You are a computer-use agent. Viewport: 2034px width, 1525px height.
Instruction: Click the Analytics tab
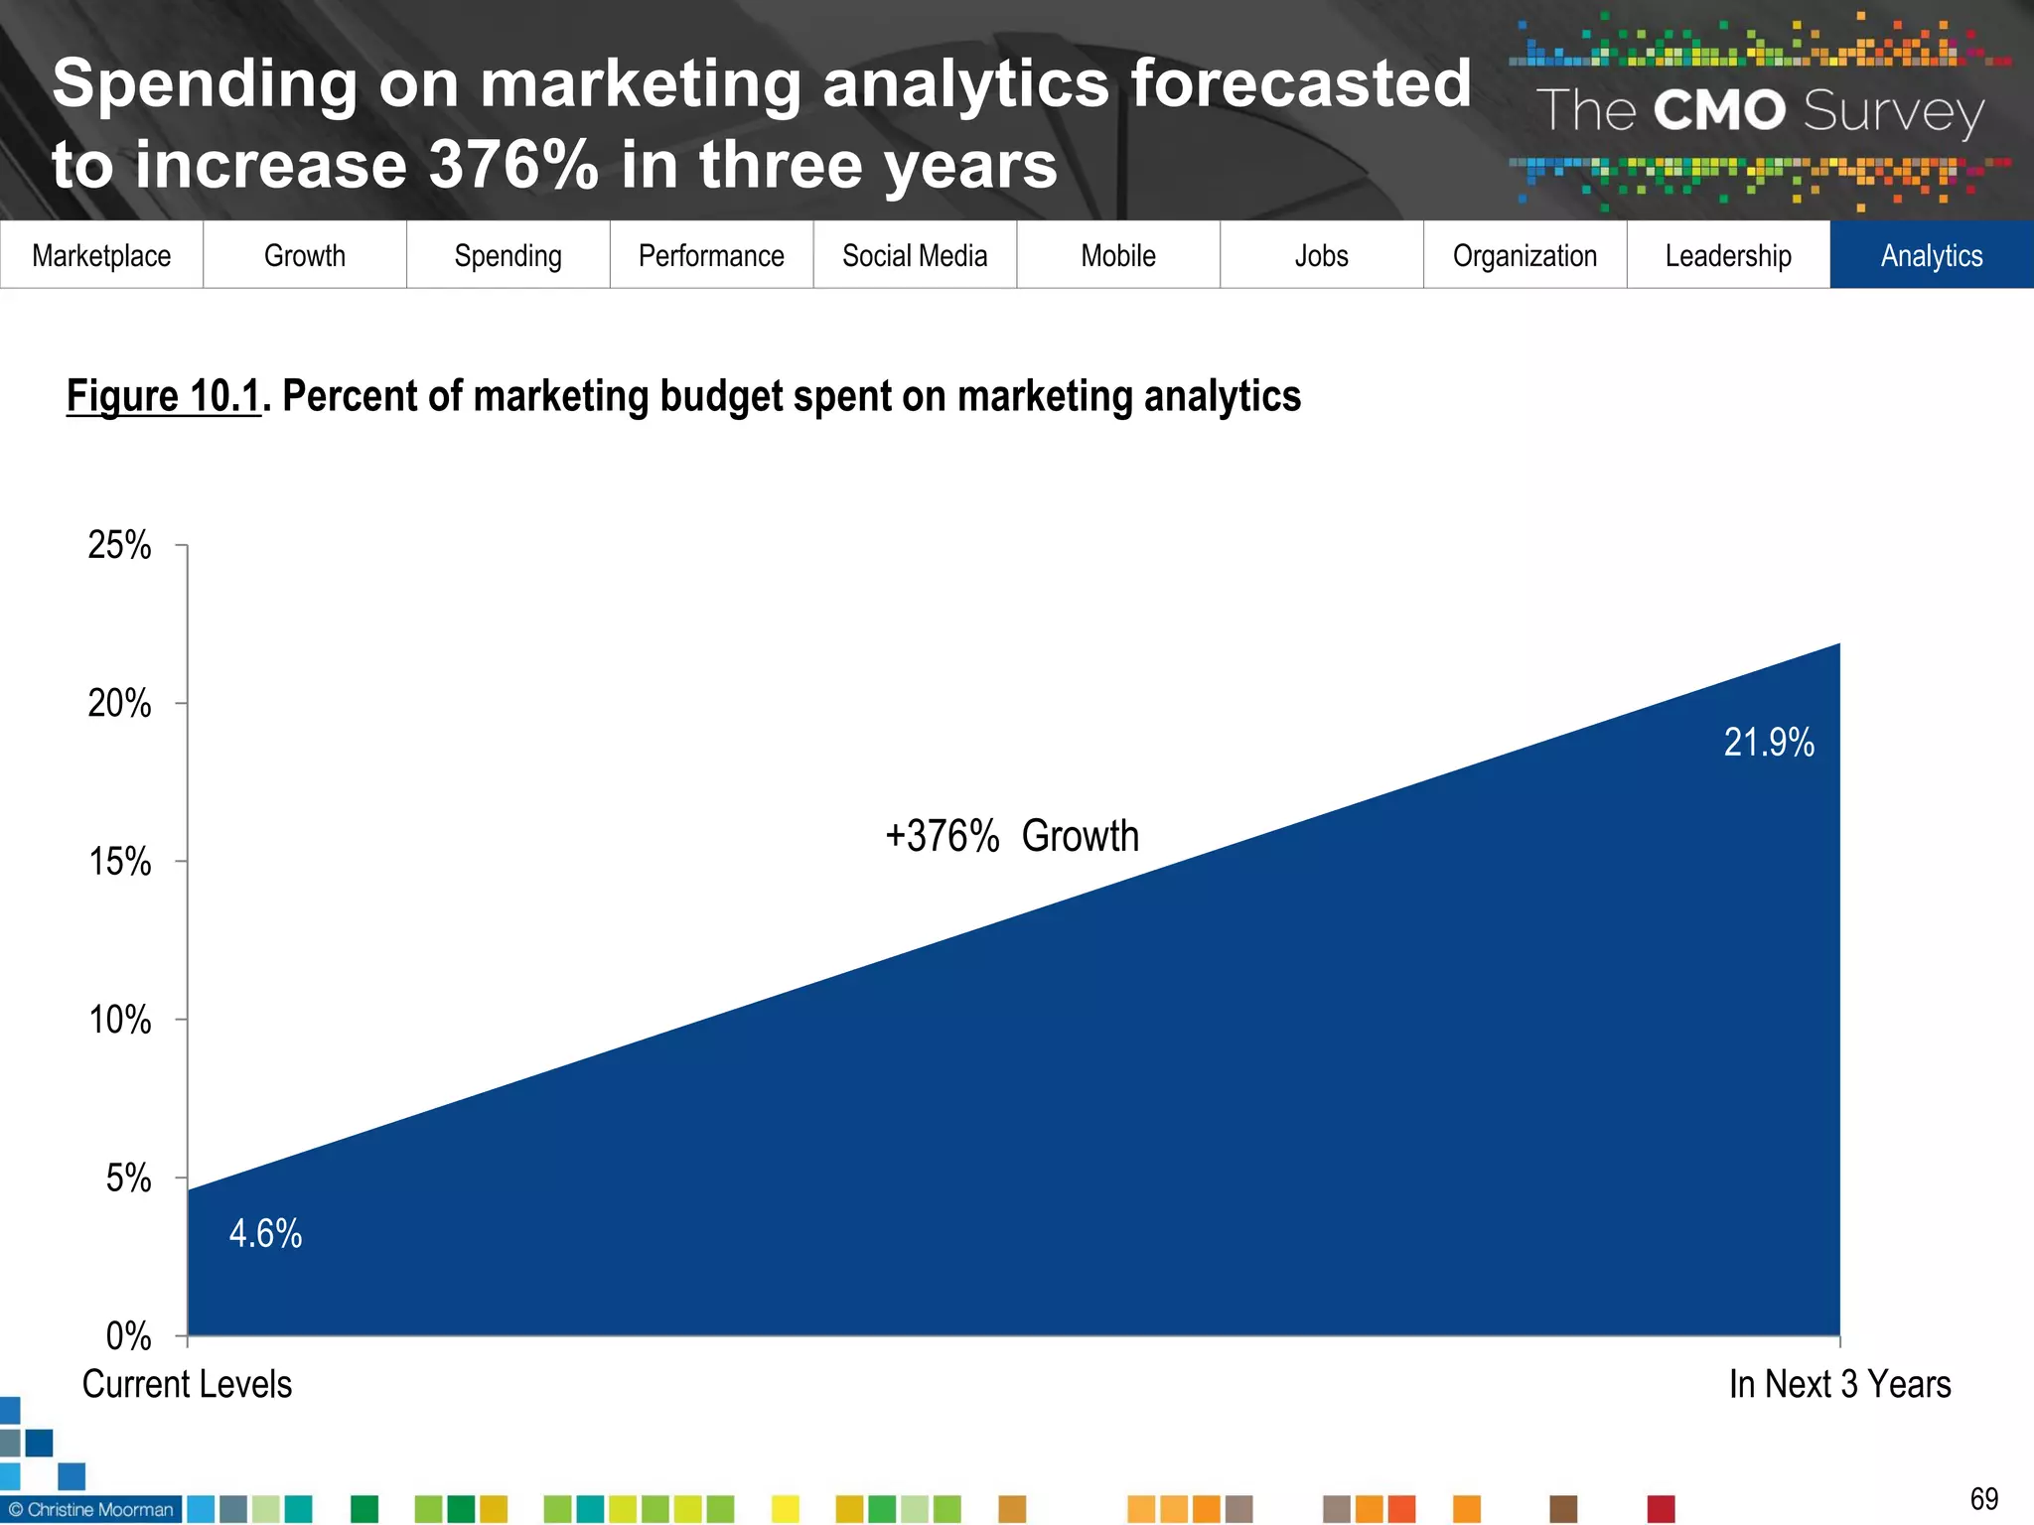click(1931, 256)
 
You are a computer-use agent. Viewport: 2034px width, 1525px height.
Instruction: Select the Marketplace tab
click(101, 256)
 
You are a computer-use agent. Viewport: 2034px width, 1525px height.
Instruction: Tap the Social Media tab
click(915, 256)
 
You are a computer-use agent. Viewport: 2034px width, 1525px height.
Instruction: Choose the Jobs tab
click(1321, 256)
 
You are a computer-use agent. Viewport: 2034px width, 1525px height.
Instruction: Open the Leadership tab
click(1728, 256)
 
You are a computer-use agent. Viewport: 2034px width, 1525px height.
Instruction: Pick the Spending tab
click(508, 256)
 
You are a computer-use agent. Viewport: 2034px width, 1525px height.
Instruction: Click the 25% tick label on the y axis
click(119, 545)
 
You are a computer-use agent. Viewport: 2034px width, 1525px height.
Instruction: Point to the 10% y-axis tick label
click(119, 1020)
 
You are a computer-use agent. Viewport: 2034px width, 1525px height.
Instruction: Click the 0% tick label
click(128, 1336)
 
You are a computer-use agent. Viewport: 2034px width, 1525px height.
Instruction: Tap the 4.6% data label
click(265, 1234)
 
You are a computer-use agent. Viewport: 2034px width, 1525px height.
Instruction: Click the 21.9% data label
click(1769, 743)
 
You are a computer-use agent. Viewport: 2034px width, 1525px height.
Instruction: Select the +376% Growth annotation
click(1011, 836)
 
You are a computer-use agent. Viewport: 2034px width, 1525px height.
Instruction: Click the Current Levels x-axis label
click(187, 1384)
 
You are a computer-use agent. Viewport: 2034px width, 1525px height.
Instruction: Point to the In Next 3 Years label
click(1839, 1384)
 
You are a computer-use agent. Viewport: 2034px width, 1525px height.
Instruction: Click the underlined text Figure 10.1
click(163, 396)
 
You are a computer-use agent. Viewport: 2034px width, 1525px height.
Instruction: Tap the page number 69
click(1983, 1498)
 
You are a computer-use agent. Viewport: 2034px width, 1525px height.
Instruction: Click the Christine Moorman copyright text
click(91, 1510)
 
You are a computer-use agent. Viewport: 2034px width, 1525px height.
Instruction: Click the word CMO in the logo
click(1720, 110)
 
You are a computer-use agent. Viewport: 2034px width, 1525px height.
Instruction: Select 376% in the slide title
click(513, 165)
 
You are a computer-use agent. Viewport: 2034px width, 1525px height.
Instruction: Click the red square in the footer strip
click(1661, 1509)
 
